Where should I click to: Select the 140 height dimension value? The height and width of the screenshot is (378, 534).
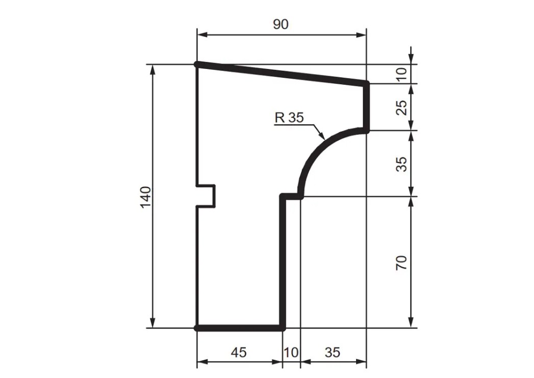tap(146, 197)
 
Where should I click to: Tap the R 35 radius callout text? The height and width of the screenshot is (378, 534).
tap(289, 117)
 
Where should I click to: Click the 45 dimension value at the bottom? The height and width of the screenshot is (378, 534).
tap(239, 352)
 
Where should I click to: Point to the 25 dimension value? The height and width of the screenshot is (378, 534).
tap(402, 107)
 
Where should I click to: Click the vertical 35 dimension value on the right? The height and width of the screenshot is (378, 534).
tap(402, 163)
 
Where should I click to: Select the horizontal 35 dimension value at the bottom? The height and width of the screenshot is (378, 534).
tap(332, 352)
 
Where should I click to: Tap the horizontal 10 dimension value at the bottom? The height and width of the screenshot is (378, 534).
tap(291, 352)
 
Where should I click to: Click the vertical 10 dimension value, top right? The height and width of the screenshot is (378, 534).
tap(402, 74)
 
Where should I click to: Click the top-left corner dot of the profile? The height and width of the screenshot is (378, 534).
tap(197, 64)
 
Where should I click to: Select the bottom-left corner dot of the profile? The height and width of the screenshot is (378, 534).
tap(197, 328)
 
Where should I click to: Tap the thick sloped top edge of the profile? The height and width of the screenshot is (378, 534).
tap(281, 73)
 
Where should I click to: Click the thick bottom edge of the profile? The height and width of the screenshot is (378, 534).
tap(240, 328)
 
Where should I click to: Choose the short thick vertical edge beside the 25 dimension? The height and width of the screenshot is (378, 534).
tap(366, 106)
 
